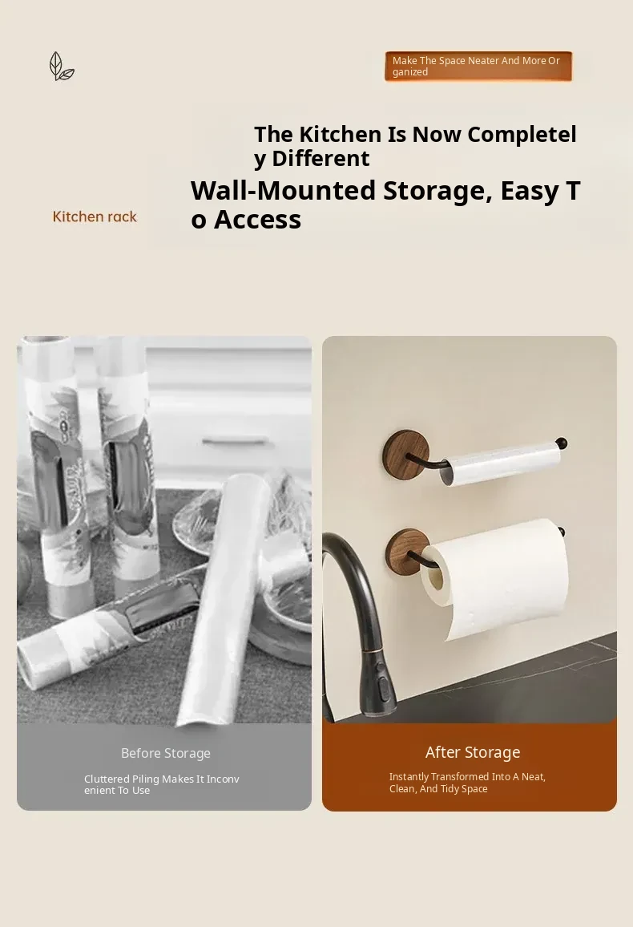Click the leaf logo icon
[x=62, y=67]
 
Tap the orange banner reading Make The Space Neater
[x=478, y=67]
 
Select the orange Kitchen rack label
[x=95, y=217]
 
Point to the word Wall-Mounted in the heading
[x=284, y=190]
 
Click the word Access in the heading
[x=257, y=220]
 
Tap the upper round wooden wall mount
[x=405, y=453]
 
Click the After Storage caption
[x=473, y=752]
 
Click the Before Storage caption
[x=166, y=753]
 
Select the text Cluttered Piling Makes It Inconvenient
[x=162, y=784]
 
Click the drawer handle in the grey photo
[x=235, y=440]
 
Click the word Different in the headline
[x=321, y=159]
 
